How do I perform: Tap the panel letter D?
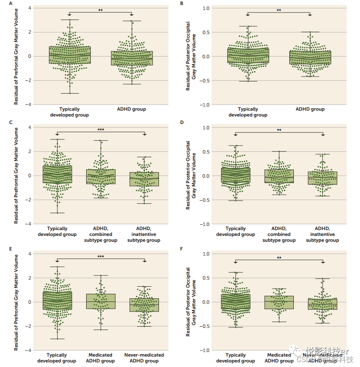pos(182,123)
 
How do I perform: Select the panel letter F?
pos(182,250)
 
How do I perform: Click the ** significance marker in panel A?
pos(100,10)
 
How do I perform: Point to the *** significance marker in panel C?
pos(101,130)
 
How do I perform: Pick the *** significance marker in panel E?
pos(101,257)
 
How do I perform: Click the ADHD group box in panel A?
pos(132,58)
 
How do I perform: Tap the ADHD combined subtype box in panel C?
pos(100,176)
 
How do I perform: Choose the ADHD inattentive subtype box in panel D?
pos(323,178)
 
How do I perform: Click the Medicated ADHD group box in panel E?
pos(100,301)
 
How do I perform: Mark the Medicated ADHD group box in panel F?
pos(279,302)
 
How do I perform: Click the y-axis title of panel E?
pos(16,302)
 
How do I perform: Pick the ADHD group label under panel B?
pos(310,109)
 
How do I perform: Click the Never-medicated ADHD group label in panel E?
pos(144,358)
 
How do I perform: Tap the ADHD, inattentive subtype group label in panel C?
pos(144,234)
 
